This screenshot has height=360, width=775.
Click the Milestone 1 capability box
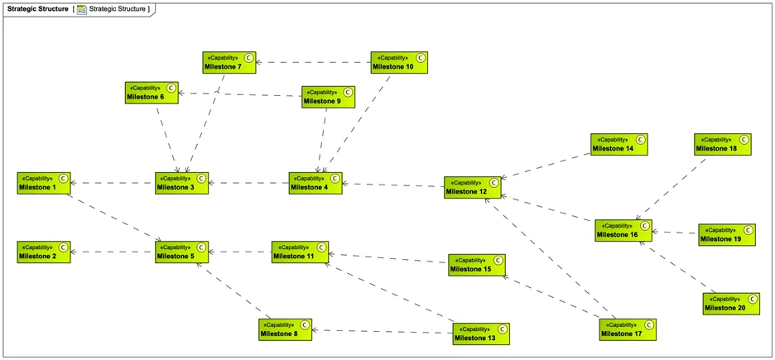(44, 183)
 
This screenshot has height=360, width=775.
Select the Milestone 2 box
(44, 252)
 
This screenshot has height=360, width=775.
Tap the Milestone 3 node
(182, 183)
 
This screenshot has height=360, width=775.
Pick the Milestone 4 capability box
(315, 183)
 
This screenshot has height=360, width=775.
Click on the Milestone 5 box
(182, 252)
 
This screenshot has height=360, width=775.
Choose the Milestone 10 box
(399, 62)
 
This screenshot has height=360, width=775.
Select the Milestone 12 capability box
(472, 187)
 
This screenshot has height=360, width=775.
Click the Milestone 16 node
(623, 230)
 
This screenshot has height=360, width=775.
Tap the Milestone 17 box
(628, 329)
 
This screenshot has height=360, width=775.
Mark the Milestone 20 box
(731, 303)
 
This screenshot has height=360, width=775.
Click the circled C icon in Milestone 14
(640, 140)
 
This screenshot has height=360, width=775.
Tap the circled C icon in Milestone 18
(744, 140)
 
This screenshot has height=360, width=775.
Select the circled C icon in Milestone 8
(306, 325)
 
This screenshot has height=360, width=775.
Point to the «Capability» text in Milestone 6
(143, 87)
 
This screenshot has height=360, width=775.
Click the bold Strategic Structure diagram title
(37, 8)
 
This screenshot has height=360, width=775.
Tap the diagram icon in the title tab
(82, 9)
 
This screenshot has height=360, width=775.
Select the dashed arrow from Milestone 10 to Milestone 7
(313, 62)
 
